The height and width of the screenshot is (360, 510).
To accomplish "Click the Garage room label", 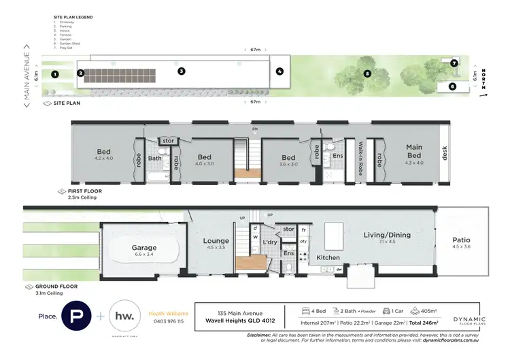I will [144, 248].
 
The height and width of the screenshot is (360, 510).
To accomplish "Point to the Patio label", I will [461, 240].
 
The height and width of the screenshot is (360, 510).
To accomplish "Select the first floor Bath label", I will [155, 158].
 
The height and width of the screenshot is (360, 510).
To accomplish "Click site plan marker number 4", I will [279, 71].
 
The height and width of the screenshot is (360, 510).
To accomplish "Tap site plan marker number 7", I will [454, 63].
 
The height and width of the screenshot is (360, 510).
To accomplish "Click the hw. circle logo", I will [126, 317].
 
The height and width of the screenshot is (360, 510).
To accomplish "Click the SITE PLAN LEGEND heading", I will [73, 16].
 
